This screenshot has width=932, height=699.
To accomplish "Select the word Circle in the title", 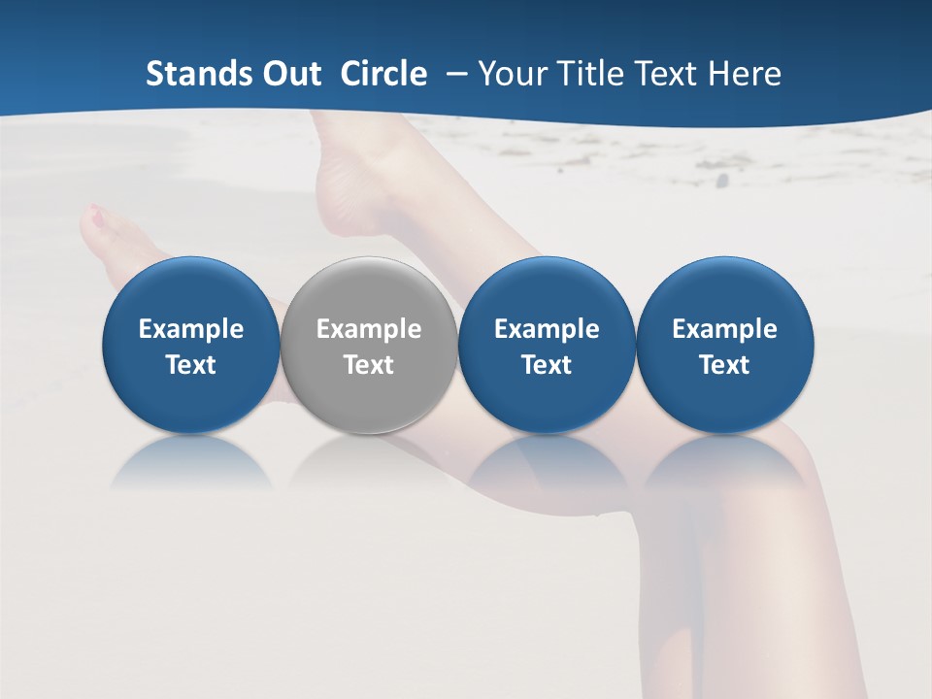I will (383, 74).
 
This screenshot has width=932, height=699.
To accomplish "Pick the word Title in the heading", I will (582, 74).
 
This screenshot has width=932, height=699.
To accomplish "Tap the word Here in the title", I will (744, 74).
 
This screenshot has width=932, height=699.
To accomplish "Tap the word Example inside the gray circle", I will (369, 329).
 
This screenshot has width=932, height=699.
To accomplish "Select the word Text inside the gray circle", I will (369, 365).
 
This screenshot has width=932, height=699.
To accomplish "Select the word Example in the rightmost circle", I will (725, 329).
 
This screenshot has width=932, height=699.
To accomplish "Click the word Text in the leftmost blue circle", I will (191, 365).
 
